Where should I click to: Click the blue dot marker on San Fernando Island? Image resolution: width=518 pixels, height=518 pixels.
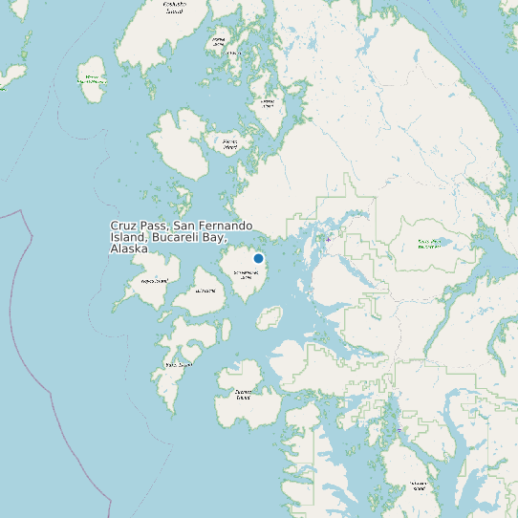pos(258,258)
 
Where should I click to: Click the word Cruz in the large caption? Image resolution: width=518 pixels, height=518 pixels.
pos(125,226)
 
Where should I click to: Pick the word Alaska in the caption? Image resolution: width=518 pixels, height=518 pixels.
pos(129,248)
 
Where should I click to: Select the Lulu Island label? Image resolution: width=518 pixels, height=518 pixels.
pos(205,290)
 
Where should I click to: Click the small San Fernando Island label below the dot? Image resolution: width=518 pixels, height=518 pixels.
pos(246,274)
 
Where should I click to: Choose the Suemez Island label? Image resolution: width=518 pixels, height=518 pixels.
pos(243,394)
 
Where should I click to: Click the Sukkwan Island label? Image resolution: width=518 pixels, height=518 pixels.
pos(418,485)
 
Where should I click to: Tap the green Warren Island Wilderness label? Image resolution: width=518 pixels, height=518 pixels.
pos(93,78)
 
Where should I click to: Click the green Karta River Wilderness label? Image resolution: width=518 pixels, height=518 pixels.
pos(429,243)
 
